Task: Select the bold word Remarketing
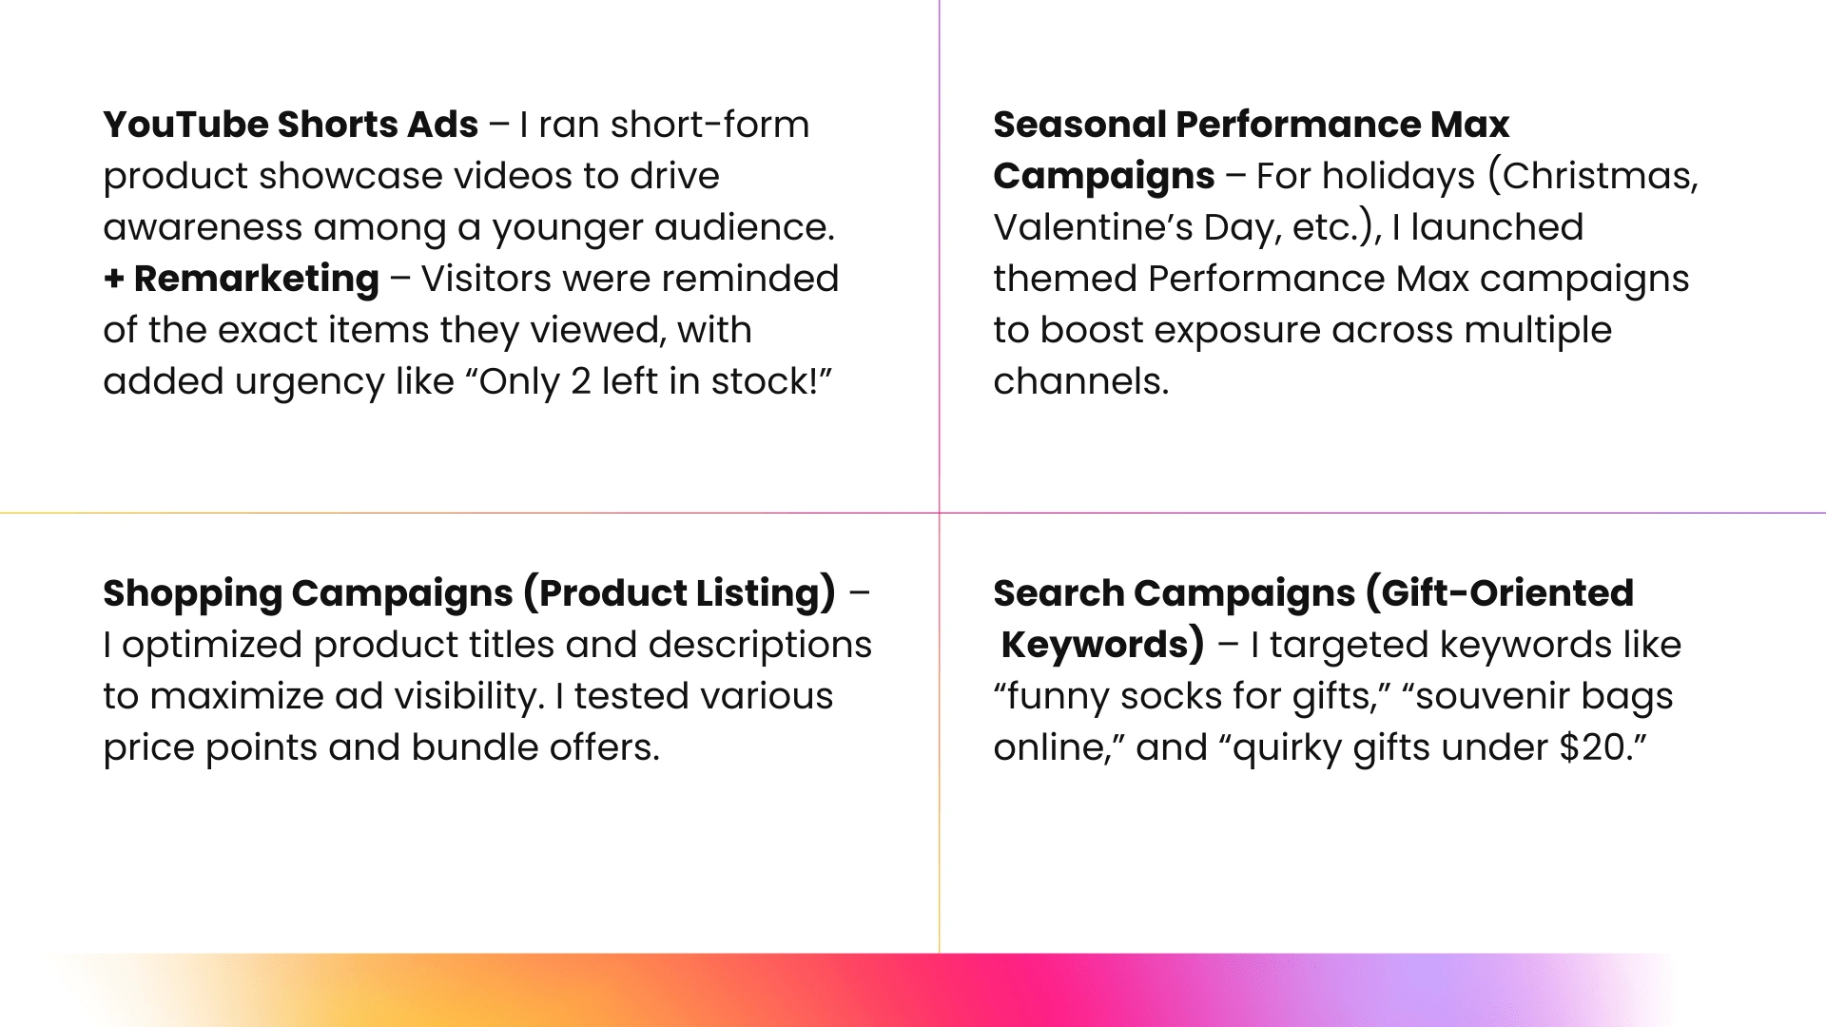[257, 279]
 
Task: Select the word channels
[1080, 381]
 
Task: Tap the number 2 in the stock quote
[580, 382]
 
